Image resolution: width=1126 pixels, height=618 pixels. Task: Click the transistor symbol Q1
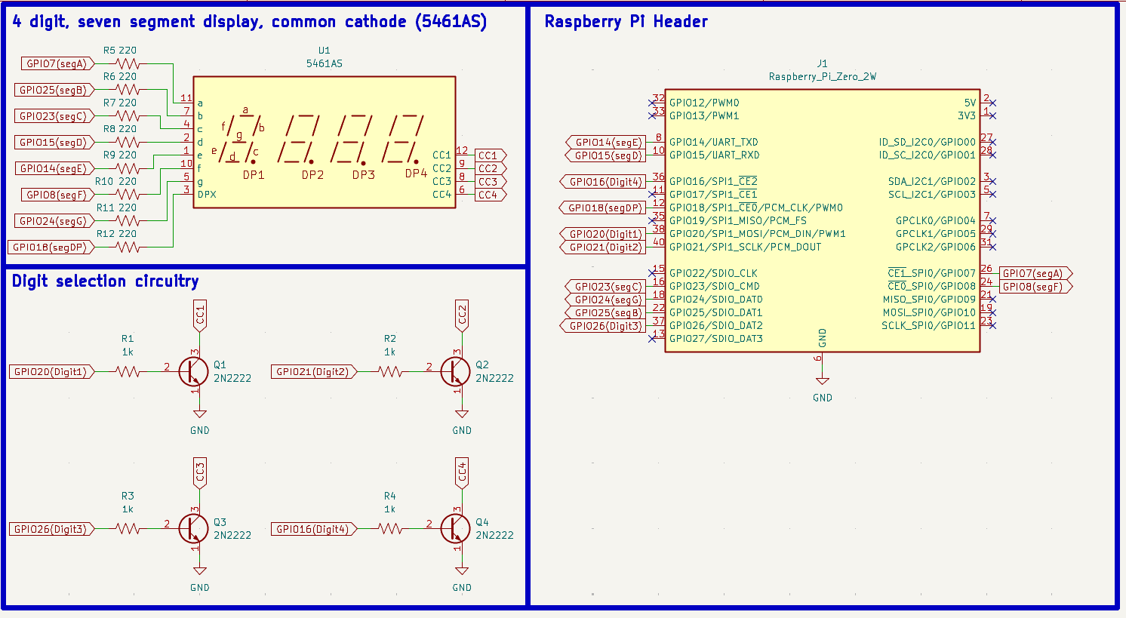pos(193,371)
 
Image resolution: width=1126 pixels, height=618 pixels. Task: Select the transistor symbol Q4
pos(456,529)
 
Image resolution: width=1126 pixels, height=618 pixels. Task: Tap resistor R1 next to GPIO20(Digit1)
pos(128,371)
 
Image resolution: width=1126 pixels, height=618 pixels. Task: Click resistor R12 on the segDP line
pos(128,247)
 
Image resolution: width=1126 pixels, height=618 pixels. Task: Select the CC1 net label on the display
pos(489,155)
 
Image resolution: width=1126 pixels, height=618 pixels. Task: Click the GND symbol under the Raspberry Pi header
pos(822,381)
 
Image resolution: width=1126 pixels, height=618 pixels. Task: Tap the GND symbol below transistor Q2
pos(462,415)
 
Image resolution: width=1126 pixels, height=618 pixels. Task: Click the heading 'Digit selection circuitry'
pos(105,281)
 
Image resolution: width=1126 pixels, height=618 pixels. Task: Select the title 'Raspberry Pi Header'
pos(626,22)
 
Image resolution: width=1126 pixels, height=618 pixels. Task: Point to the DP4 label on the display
pos(416,174)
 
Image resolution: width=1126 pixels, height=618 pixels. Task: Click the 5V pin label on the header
pos(970,103)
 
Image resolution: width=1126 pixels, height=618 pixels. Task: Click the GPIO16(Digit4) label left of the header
pos(605,182)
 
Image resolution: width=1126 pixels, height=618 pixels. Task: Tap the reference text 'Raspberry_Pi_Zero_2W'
pos(822,76)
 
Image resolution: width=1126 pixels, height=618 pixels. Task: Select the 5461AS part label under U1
pos(324,63)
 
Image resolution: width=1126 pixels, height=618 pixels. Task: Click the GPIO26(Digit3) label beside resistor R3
pos(50,529)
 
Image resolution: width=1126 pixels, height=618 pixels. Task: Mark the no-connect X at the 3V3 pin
pos(992,115)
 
